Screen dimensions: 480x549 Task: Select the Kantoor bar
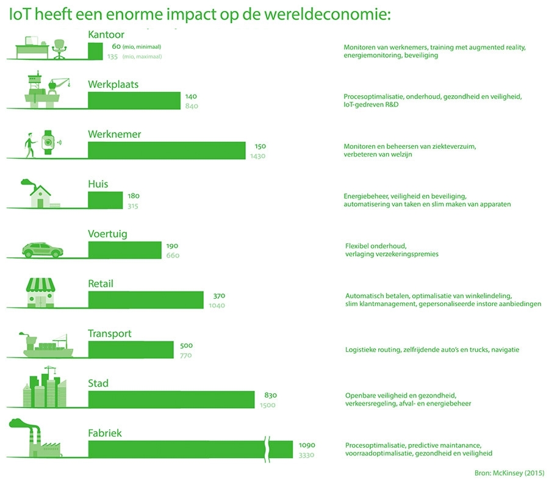(95, 51)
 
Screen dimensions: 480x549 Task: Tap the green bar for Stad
(171, 399)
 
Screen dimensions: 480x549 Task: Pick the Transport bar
(131, 349)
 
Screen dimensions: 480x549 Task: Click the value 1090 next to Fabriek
(307, 445)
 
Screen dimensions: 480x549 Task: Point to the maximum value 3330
(307, 455)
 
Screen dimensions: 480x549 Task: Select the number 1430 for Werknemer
(258, 156)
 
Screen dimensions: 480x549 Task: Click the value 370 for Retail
(219, 296)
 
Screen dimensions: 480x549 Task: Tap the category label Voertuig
(107, 234)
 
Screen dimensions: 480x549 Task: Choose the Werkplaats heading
(113, 84)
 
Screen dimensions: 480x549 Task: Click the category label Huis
(98, 184)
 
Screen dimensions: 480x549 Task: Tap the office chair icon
(59, 48)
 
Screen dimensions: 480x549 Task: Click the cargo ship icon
(46, 346)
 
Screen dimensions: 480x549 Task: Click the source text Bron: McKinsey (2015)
(509, 473)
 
